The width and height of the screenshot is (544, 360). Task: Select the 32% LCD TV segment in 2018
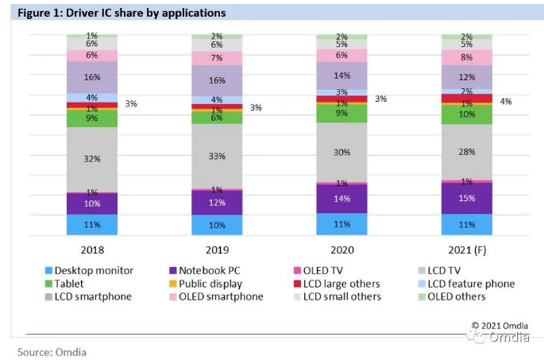[91, 158]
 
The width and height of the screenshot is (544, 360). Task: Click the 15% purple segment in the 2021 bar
[467, 198]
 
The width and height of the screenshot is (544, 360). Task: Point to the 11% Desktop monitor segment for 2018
[91, 225]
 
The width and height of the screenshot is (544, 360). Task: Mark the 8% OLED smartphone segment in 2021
[467, 57]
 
